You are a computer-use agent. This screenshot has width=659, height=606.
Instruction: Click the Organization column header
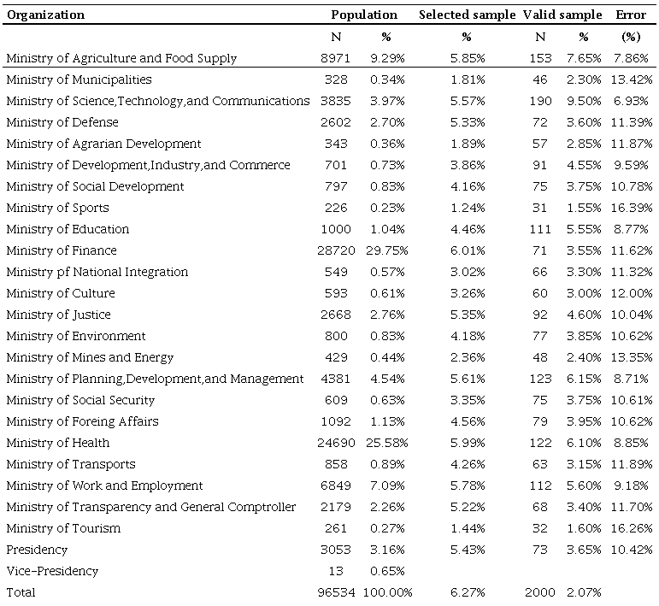click(46, 15)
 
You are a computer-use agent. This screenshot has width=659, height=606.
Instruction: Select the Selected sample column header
click(467, 15)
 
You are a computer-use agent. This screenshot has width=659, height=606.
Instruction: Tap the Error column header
click(631, 15)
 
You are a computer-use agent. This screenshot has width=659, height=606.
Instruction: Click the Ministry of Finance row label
click(62, 250)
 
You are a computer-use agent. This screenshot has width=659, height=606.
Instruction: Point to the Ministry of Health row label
click(58, 443)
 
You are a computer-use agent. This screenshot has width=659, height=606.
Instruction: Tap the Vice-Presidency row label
click(52, 571)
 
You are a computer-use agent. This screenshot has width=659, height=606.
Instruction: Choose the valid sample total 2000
click(540, 592)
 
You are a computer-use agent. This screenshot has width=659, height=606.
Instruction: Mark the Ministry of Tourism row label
click(63, 528)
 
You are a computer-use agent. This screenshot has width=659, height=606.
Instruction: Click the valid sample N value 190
click(540, 101)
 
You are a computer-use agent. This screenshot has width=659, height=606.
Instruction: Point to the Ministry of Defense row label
click(62, 122)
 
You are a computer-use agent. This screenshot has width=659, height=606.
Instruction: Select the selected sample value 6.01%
click(467, 250)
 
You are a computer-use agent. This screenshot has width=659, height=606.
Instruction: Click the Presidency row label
click(37, 550)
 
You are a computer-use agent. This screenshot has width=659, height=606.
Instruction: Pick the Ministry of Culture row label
click(61, 293)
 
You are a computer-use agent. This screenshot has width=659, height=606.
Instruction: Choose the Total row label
click(22, 592)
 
